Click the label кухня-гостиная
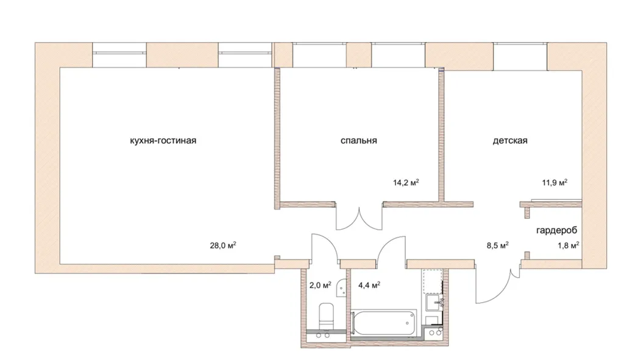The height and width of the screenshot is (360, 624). pyautogui.click(x=163, y=141)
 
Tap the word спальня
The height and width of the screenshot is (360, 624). pyautogui.click(x=358, y=141)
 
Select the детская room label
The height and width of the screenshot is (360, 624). pyautogui.click(x=510, y=141)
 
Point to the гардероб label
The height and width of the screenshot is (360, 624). pyautogui.click(x=556, y=230)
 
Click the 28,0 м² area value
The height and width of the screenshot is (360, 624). pyautogui.click(x=223, y=245)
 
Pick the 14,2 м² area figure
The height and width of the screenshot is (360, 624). pyautogui.click(x=406, y=183)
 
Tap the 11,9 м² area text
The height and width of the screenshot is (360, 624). pyautogui.click(x=555, y=183)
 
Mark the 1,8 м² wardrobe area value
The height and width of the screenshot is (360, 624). pyautogui.click(x=569, y=245)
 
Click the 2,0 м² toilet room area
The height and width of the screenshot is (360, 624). pyautogui.click(x=321, y=285)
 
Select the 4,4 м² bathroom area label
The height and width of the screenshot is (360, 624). pyautogui.click(x=369, y=285)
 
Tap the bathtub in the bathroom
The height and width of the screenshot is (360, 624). pyautogui.click(x=384, y=323)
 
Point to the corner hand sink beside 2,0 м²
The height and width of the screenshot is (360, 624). pyautogui.click(x=341, y=288)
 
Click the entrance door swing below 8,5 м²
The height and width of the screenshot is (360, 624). pyautogui.click(x=494, y=284)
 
